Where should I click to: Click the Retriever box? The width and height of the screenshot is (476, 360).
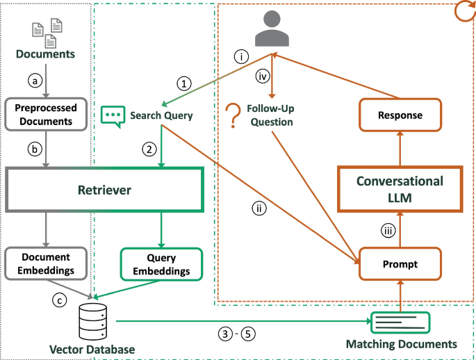[104, 189]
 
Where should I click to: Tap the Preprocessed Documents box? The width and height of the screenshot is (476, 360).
[45, 115]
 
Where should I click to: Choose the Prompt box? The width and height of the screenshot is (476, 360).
[400, 264]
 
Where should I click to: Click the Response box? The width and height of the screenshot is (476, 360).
[400, 114]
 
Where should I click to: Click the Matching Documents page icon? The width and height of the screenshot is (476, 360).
[400, 322]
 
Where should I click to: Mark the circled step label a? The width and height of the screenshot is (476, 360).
[32, 80]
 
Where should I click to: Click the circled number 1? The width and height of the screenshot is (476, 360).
[183, 84]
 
